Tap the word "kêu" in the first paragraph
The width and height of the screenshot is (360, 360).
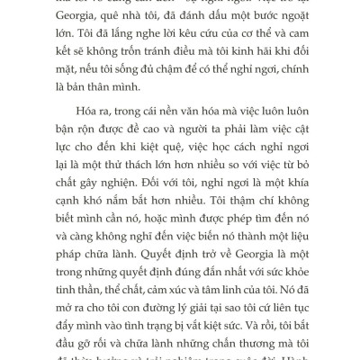(155, 58)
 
